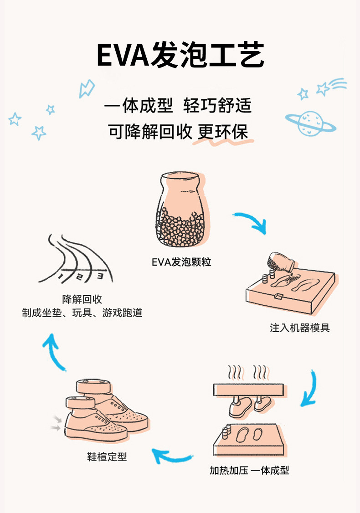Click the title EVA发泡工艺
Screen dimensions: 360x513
pyautogui.click(x=180, y=55)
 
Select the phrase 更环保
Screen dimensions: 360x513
pyautogui.click(x=223, y=132)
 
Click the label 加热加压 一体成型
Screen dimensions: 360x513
pyautogui.click(x=249, y=470)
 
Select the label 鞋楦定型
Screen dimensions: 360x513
pyautogui.click(x=107, y=457)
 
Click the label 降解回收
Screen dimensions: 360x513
pyautogui.click(x=82, y=299)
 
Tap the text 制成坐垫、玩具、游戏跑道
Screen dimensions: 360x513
pyautogui.click(x=82, y=313)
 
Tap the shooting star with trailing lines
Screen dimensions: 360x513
pyautogui.click(x=330, y=87)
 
